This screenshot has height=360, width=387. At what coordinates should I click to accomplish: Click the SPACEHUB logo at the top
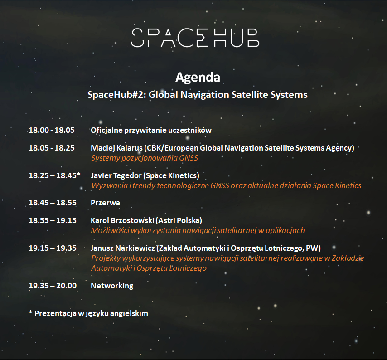tap(195, 38)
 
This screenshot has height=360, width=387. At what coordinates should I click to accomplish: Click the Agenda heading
tap(198, 78)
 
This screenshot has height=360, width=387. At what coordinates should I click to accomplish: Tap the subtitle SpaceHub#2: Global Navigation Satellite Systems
tap(198, 95)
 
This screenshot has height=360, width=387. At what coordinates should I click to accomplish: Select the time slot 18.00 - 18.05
tap(52, 130)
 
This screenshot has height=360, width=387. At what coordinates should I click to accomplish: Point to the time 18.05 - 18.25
tap(52, 148)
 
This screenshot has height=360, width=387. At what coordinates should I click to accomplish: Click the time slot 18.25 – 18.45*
tap(54, 175)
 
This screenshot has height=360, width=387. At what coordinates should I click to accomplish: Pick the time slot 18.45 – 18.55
tap(53, 203)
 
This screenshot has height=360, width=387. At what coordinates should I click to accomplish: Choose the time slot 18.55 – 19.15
tap(53, 220)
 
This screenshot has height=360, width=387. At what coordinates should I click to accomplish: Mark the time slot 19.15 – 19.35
tap(53, 248)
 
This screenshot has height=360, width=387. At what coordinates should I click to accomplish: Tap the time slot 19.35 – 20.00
tap(53, 286)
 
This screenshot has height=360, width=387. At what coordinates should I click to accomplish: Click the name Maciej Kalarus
tap(117, 148)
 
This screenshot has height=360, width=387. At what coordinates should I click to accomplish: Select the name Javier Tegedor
tap(116, 175)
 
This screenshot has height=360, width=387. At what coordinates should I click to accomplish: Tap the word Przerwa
tap(105, 203)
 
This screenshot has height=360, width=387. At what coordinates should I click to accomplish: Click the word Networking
tap(112, 286)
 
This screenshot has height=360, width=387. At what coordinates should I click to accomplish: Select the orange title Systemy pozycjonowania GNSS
tap(145, 158)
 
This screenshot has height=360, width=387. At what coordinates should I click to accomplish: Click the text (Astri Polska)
tap(179, 220)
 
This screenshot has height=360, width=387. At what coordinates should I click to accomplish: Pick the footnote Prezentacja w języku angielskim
tap(91, 314)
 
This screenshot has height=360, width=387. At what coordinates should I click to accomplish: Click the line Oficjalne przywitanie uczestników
tap(151, 131)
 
